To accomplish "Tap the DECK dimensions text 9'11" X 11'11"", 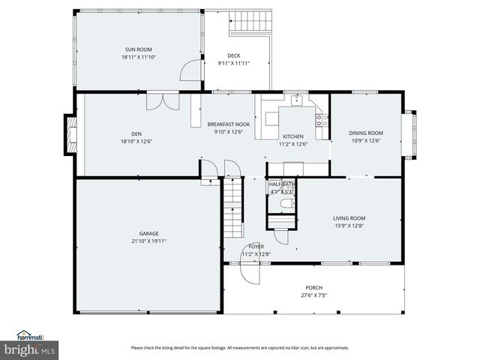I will click(x=233, y=63).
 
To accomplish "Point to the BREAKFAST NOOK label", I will click(x=229, y=124).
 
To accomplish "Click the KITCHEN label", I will click(x=292, y=136).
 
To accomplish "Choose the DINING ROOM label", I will click(x=365, y=133).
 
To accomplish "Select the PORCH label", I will click(x=313, y=287).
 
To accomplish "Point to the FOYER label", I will click(x=256, y=246).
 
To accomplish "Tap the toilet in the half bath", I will click(x=284, y=203).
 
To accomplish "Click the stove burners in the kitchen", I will click(x=321, y=118).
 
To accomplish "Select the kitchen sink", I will click(x=297, y=98).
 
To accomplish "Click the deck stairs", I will click(x=251, y=21).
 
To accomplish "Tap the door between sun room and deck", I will click(x=190, y=71).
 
